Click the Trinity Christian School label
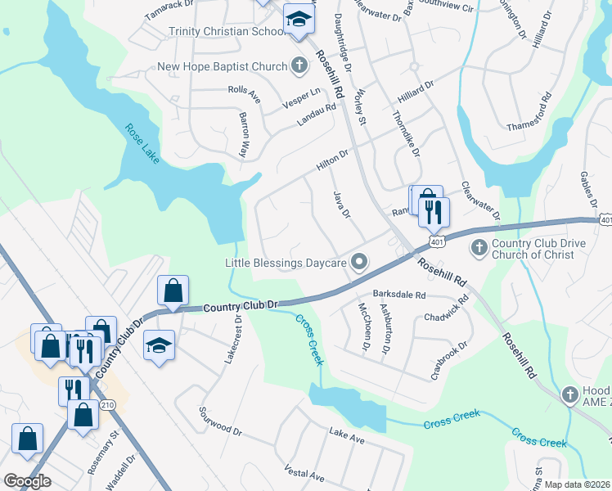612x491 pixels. point(225,31)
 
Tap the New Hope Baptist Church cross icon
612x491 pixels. point(299,64)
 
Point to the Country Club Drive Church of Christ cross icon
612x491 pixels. point(479,246)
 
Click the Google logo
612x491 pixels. point(27,481)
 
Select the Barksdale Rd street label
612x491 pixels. point(399,294)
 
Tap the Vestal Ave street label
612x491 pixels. point(304,474)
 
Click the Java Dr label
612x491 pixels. point(341,204)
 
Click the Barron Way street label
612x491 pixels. point(243,134)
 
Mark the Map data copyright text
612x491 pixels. point(577,484)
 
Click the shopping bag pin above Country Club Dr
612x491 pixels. point(173,291)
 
